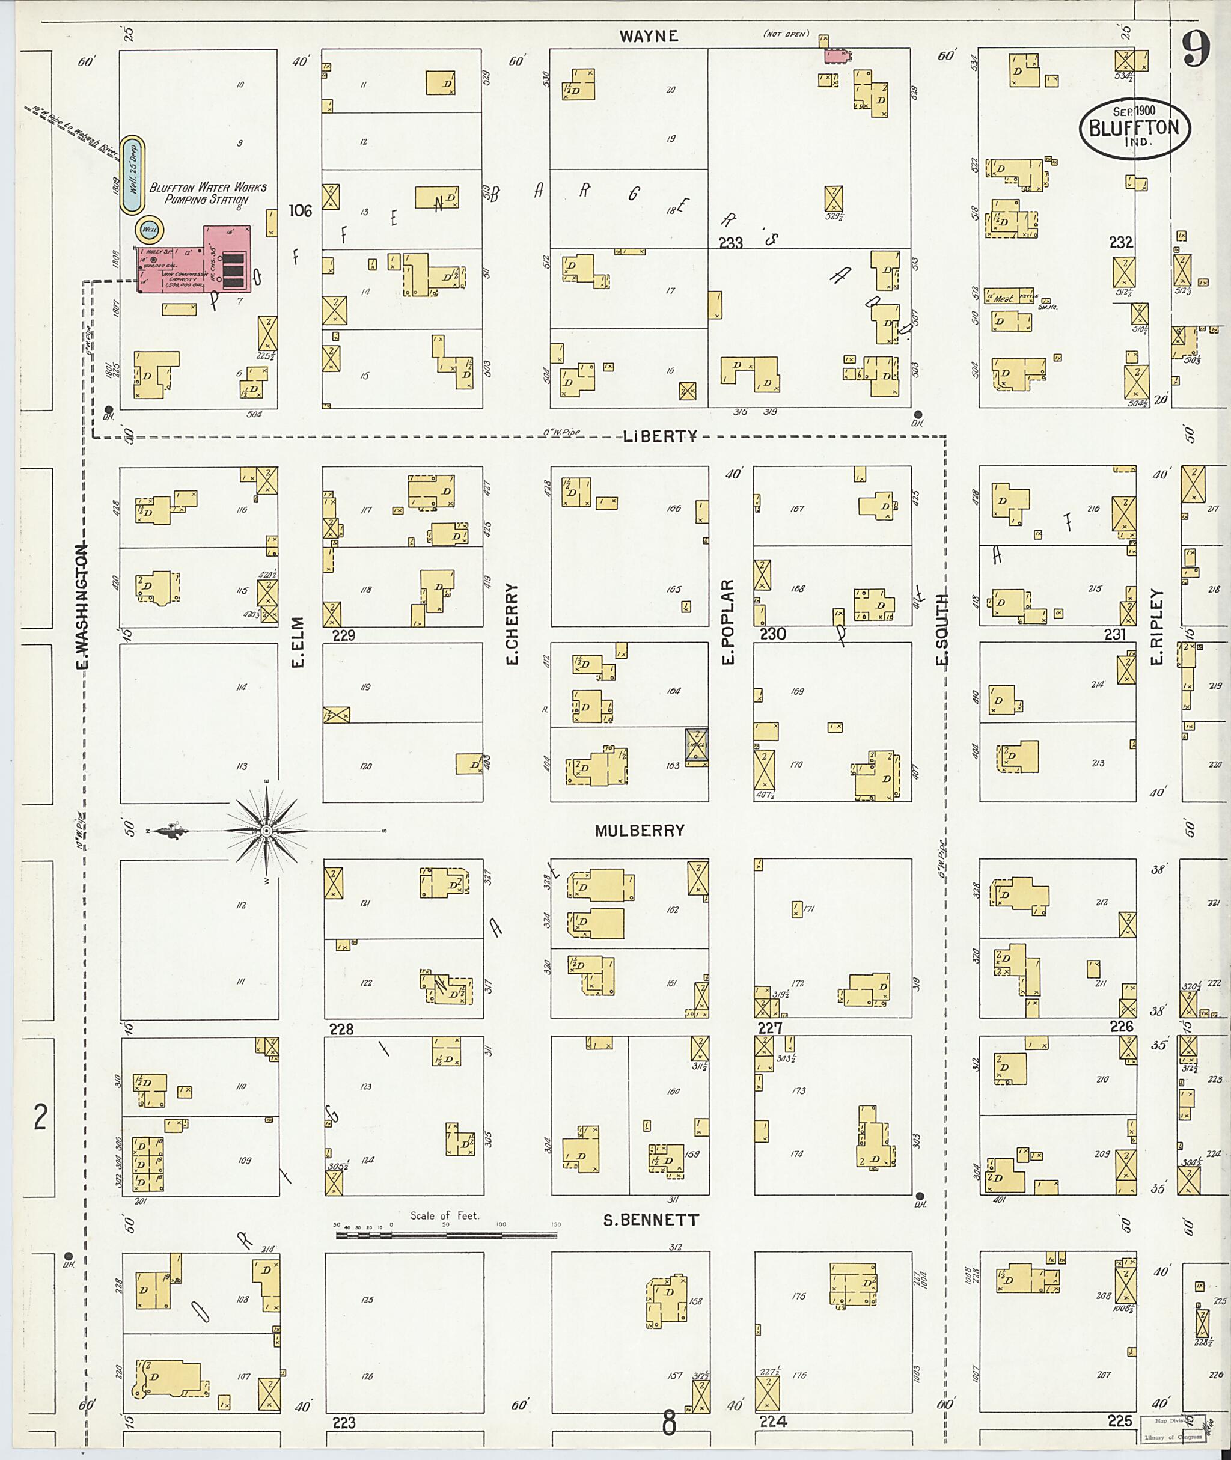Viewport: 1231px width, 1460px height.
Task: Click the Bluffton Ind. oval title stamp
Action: point(1134,129)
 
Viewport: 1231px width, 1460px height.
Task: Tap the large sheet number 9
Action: point(1196,50)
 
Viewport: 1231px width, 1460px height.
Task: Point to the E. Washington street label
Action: point(83,606)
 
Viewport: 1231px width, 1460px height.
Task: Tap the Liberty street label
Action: point(660,437)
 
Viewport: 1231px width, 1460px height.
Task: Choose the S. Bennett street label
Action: point(650,1221)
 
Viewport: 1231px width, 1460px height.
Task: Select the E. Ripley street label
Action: point(1158,627)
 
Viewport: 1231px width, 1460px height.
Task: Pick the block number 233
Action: point(731,243)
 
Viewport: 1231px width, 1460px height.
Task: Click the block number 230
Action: point(772,634)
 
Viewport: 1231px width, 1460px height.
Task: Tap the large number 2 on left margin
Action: point(40,1119)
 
